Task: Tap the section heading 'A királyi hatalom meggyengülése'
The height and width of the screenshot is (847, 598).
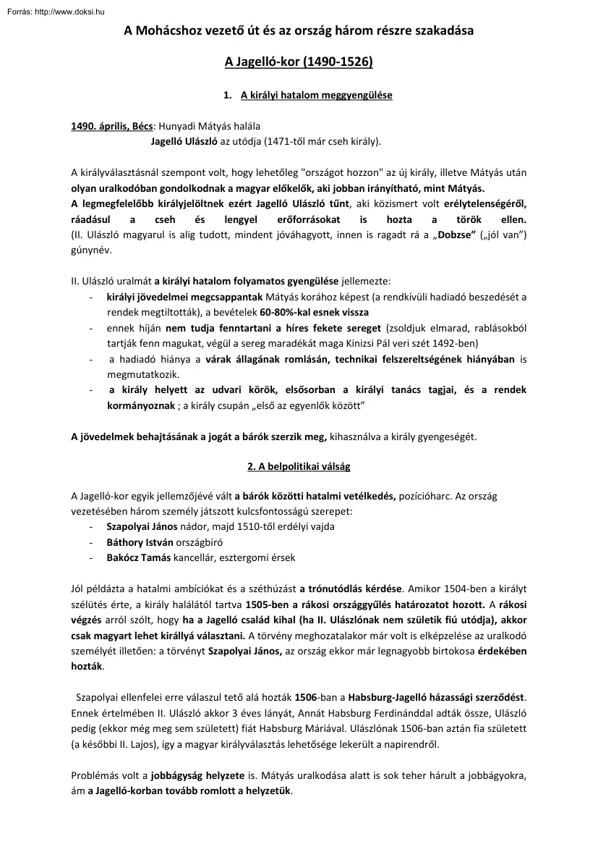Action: pyautogui.click(x=316, y=95)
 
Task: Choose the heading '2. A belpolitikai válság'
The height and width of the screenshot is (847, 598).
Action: pyautogui.click(x=299, y=467)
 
